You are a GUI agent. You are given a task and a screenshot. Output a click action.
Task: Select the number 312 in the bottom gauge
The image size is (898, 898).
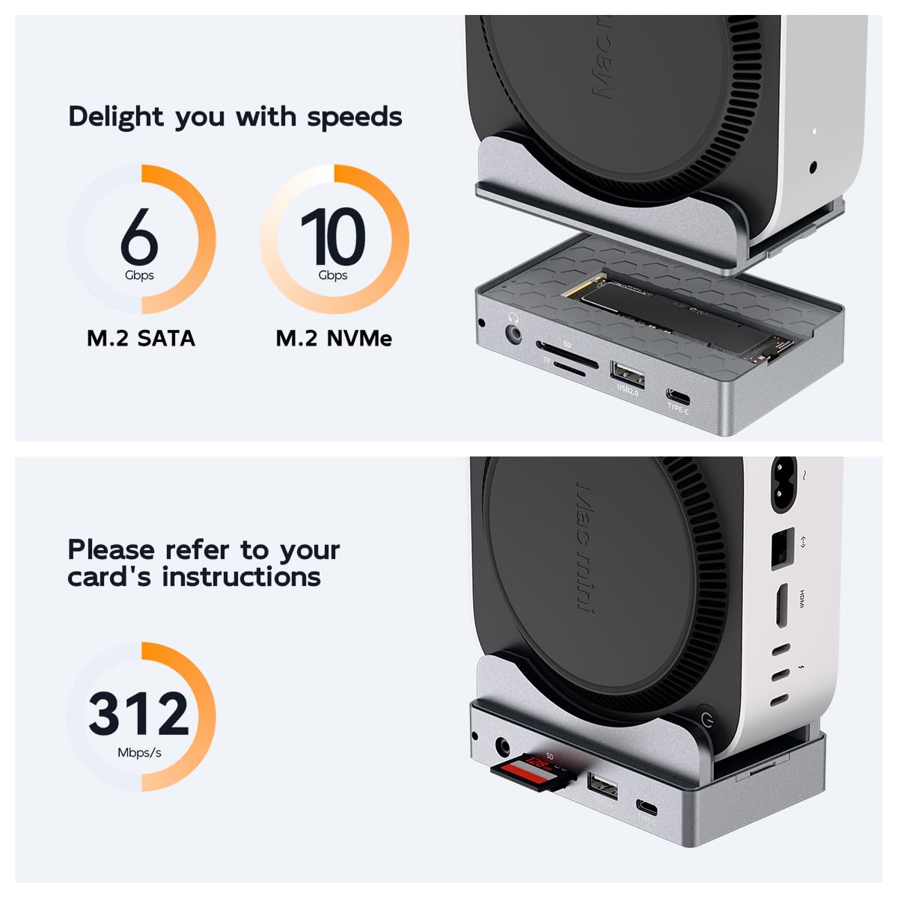[x=139, y=712]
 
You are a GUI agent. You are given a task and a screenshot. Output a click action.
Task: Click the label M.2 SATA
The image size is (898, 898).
[x=141, y=338]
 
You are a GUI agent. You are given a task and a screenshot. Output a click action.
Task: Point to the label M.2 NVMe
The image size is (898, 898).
[x=334, y=338]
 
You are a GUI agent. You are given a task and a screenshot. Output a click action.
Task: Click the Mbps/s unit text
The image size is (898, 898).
[x=139, y=753]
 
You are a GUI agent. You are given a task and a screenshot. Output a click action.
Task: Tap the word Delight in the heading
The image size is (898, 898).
[x=115, y=117]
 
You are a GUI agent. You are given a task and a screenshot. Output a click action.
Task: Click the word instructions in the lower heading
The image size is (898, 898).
[x=241, y=577]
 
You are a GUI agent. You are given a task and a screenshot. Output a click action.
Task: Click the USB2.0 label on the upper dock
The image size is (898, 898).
[x=627, y=389]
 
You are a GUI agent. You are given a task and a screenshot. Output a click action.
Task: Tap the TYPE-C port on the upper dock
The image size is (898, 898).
[x=678, y=395]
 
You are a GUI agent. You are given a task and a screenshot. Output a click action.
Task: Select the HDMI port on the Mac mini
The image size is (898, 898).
[x=780, y=605]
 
